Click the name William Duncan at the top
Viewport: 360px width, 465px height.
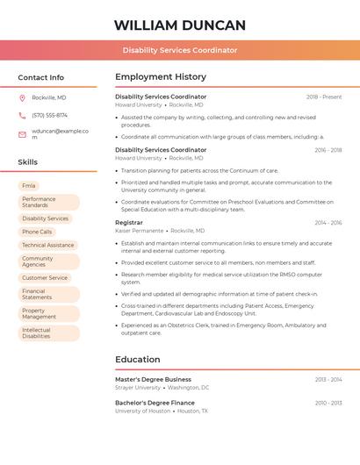coord(180,25)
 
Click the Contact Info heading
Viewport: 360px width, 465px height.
coord(41,77)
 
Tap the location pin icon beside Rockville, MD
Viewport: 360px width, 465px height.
coord(22,97)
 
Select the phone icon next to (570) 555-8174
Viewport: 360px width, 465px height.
coord(22,115)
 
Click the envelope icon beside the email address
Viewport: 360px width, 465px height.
coord(22,134)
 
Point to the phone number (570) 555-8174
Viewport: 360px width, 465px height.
coord(49,115)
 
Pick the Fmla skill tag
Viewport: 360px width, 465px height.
coord(29,186)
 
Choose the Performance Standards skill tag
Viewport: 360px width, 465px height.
coord(39,203)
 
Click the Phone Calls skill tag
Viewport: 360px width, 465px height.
coord(37,232)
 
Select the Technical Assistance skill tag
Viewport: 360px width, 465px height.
coord(48,246)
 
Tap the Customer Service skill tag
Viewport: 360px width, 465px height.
coord(45,278)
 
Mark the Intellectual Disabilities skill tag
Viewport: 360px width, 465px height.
coord(37,333)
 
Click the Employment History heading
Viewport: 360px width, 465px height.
coord(161,77)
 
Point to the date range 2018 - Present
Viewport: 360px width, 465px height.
coord(324,97)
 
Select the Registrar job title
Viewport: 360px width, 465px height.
coord(129,223)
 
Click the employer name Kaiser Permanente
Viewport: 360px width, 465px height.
coord(140,231)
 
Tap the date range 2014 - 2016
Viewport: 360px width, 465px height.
coord(328,223)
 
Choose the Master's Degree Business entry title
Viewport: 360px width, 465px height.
coord(153,379)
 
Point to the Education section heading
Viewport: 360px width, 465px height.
coord(138,359)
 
